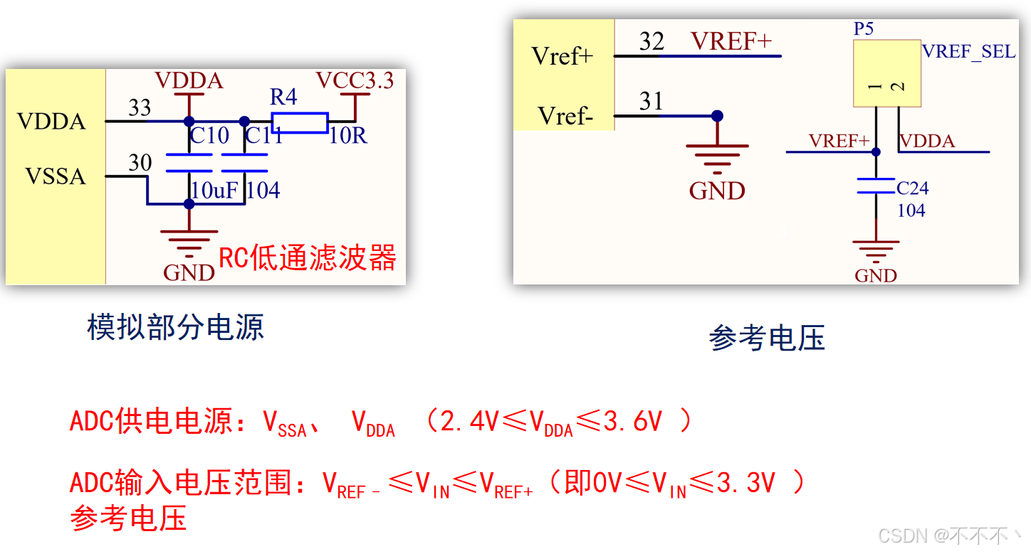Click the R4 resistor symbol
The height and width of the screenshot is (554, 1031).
coord(299,122)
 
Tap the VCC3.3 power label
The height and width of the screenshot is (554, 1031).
coord(355,80)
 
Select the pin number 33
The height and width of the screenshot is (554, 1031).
coord(140,108)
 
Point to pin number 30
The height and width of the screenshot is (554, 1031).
coord(140,164)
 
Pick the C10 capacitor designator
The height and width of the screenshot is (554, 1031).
coord(209,135)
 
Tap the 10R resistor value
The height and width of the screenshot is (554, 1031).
coord(347,136)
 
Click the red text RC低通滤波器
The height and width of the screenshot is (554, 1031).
coord(307,258)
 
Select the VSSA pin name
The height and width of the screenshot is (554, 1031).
coord(56,176)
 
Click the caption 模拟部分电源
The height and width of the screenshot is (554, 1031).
coord(175,327)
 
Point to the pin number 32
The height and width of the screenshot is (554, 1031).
coord(651,41)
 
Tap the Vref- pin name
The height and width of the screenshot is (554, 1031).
coord(565,116)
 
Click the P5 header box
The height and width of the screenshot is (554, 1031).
coord(887,73)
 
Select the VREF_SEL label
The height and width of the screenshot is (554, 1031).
coord(968,52)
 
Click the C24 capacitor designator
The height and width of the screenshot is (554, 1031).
coord(912,188)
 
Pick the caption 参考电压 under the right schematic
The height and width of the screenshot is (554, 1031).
coord(767,339)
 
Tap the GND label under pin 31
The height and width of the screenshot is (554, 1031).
coord(717,191)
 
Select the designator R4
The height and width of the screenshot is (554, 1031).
coord(283,97)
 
